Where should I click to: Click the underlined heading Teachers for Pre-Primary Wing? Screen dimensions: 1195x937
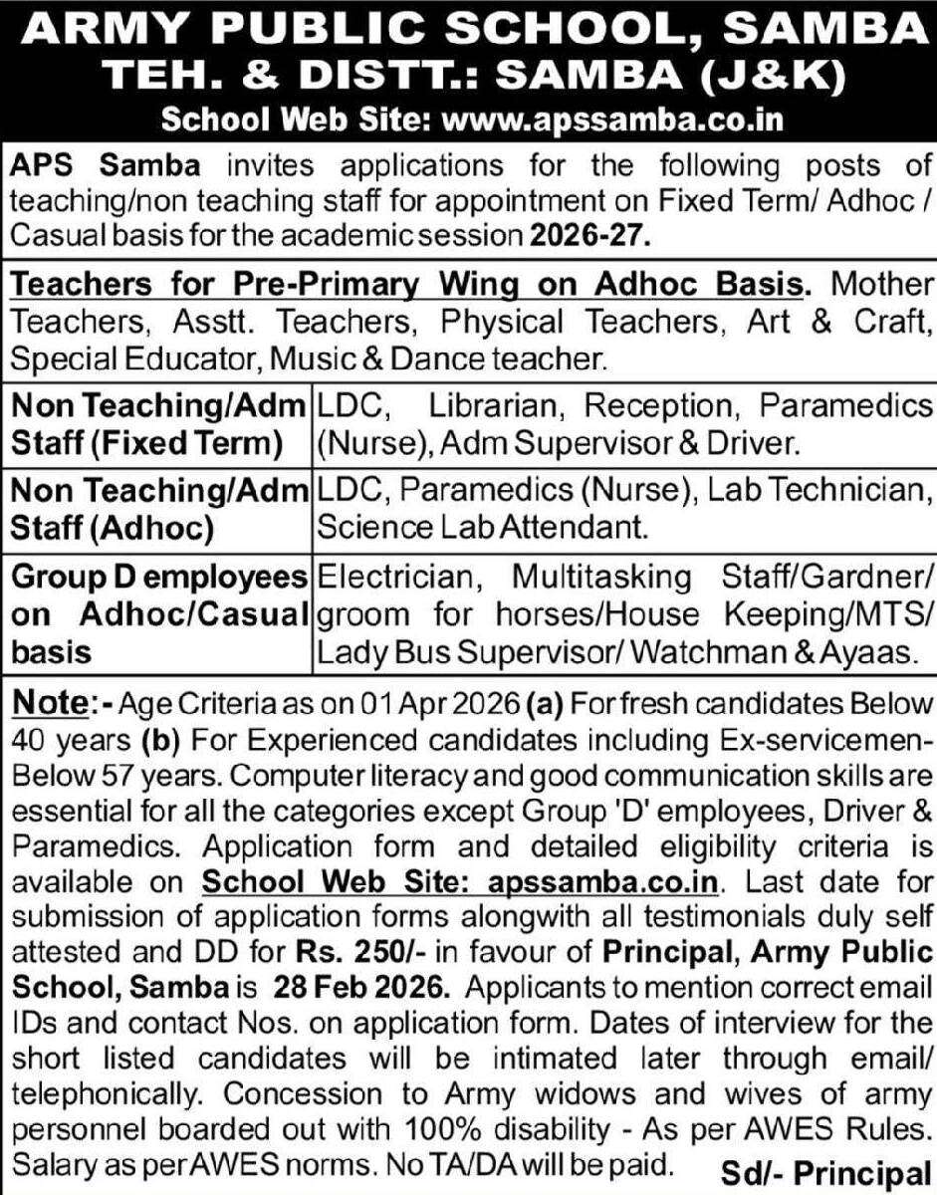tap(406, 284)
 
